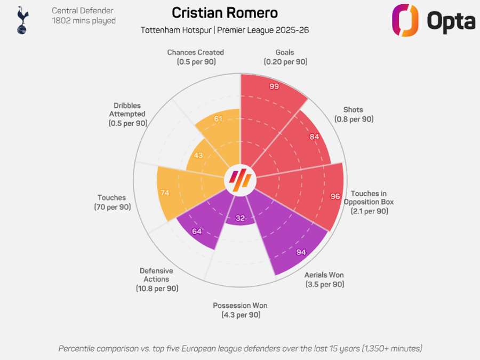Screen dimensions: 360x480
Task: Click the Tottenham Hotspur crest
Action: coord(22,20)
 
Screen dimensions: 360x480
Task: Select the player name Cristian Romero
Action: coord(225,13)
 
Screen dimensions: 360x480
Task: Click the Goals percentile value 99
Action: coord(274,86)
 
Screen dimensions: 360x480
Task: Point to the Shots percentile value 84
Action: coord(314,137)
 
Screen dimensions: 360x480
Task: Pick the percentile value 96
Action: coord(335,196)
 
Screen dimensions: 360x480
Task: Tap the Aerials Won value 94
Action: coord(301,252)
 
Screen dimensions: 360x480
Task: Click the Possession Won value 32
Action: coord(240,218)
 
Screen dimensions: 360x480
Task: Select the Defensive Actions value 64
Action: coord(197,231)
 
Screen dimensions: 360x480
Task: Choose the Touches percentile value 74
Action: coord(164,193)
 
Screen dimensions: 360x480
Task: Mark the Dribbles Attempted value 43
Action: coord(198,155)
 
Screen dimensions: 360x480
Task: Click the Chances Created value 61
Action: coord(218,118)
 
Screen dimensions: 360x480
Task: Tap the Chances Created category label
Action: coord(195,57)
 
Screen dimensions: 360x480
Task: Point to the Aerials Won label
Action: coord(324,279)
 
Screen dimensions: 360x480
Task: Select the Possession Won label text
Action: coord(240,310)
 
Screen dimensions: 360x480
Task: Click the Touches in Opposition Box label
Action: coord(369,202)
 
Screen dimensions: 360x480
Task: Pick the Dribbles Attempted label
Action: coord(127,114)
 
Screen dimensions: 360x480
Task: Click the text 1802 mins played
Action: coord(84,21)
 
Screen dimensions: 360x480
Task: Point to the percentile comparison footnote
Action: coord(240,348)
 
